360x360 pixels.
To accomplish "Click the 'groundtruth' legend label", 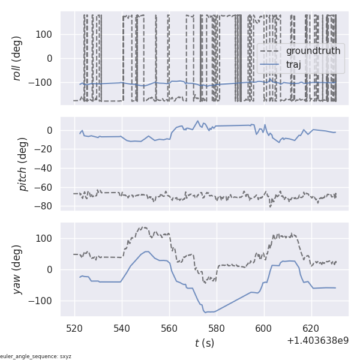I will (313, 51).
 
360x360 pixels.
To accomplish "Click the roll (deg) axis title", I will (24, 58).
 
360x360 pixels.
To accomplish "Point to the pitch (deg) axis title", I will (24, 164).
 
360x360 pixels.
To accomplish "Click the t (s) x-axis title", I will (204, 343).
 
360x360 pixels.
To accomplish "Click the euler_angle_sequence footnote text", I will (36, 356).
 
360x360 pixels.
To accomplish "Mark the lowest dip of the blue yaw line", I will (205, 313).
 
